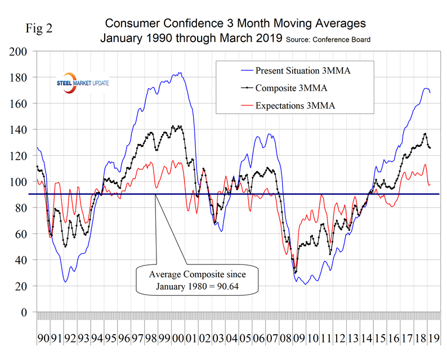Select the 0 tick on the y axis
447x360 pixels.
(x=23, y=312)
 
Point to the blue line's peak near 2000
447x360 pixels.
(x=179, y=73)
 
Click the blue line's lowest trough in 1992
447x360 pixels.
(x=66, y=281)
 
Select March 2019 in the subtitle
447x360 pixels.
(x=253, y=39)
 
